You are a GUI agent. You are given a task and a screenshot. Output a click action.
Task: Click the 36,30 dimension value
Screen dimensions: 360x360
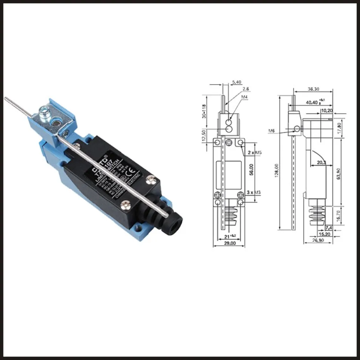[314, 90]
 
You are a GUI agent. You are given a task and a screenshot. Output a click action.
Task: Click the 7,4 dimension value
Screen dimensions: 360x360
[328, 228]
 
